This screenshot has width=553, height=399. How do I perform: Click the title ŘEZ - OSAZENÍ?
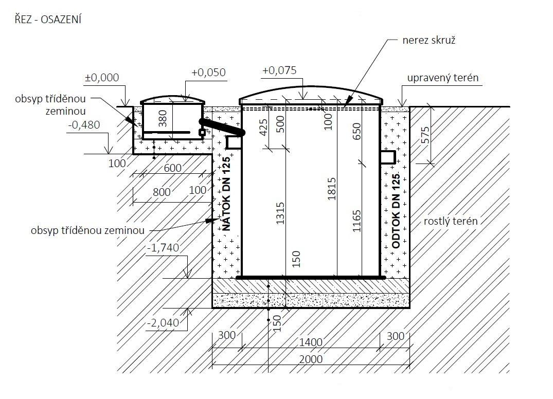(x=48, y=20)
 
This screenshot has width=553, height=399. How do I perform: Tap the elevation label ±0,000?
(x=102, y=77)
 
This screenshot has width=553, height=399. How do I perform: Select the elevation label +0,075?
(x=279, y=70)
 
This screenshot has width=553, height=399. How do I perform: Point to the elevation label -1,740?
(x=163, y=248)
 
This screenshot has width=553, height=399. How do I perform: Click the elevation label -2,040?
(x=163, y=322)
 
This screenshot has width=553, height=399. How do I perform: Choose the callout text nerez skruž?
(x=429, y=40)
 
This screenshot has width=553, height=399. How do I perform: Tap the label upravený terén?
(x=443, y=78)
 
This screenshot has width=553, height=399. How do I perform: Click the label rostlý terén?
(x=451, y=221)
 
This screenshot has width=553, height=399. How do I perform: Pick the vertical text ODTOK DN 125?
(x=396, y=211)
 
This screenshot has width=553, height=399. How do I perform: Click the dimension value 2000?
(x=311, y=359)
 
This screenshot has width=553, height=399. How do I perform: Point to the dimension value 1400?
(x=311, y=342)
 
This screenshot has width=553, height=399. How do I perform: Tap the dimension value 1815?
(x=331, y=189)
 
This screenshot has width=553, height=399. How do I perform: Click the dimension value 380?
(x=163, y=118)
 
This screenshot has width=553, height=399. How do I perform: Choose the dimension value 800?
(x=162, y=192)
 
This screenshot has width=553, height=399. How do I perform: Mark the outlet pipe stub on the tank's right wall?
(x=388, y=157)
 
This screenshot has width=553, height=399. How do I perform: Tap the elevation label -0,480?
(x=84, y=125)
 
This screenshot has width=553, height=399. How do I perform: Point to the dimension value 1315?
(x=280, y=213)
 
